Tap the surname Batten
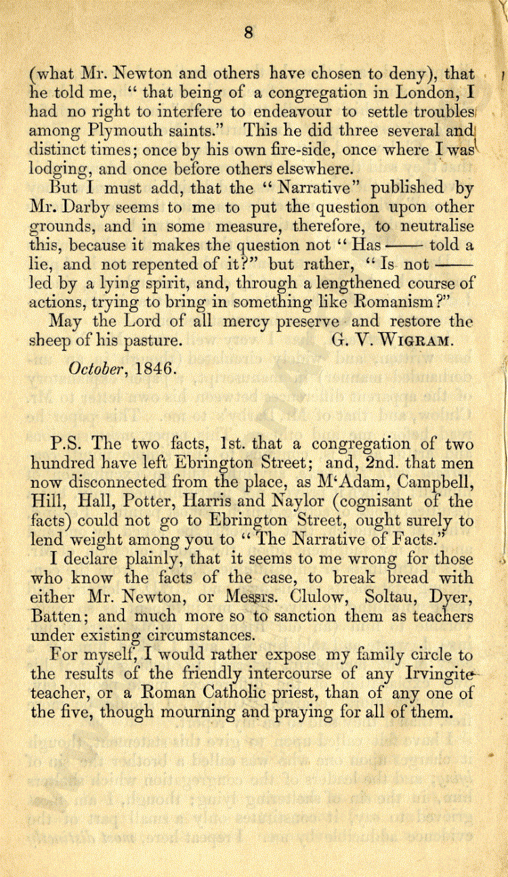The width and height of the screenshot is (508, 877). coord(56,618)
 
